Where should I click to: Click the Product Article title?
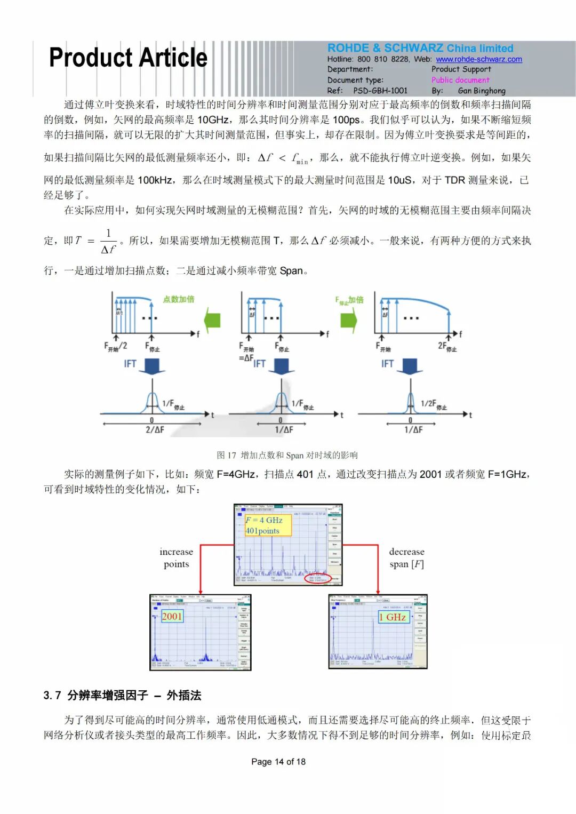pyautogui.click(x=128, y=58)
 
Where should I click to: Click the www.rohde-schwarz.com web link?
pyautogui.click(x=478, y=59)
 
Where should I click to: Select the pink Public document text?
pyautogui.click(x=460, y=80)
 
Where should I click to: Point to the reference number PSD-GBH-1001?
pyautogui.click(x=380, y=91)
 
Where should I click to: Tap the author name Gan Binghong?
pyautogui.click(x=482, y=91)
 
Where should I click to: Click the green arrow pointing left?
pyautogui.click(x=212, y=320)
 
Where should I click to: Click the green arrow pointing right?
pyautogui.click(x=349, y=320)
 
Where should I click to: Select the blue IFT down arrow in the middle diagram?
pyautogui.click(x=281, y=366)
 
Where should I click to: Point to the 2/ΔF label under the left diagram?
pyautogui.click(x=155, y=429)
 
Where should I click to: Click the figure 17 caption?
pyautogui.click(x=287, y=455)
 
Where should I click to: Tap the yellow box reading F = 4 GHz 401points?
pyautogui.click(x=268, y=525)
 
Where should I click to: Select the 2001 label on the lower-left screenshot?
pyautogui.click(x=172, y=617)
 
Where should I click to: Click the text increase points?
pyautogui.click(x=176, y=558)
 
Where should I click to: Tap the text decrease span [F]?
pyautogui.click(x=406, y=558)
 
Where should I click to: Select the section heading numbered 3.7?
pyautogui.click(x=122, y=695)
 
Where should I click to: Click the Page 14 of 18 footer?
pyautogui.click(x=278, y=762)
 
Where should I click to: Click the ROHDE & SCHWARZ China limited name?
pyautogui.click(x=420, y=48)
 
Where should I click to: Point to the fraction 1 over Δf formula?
pyautogui.click(x=108, y=241)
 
